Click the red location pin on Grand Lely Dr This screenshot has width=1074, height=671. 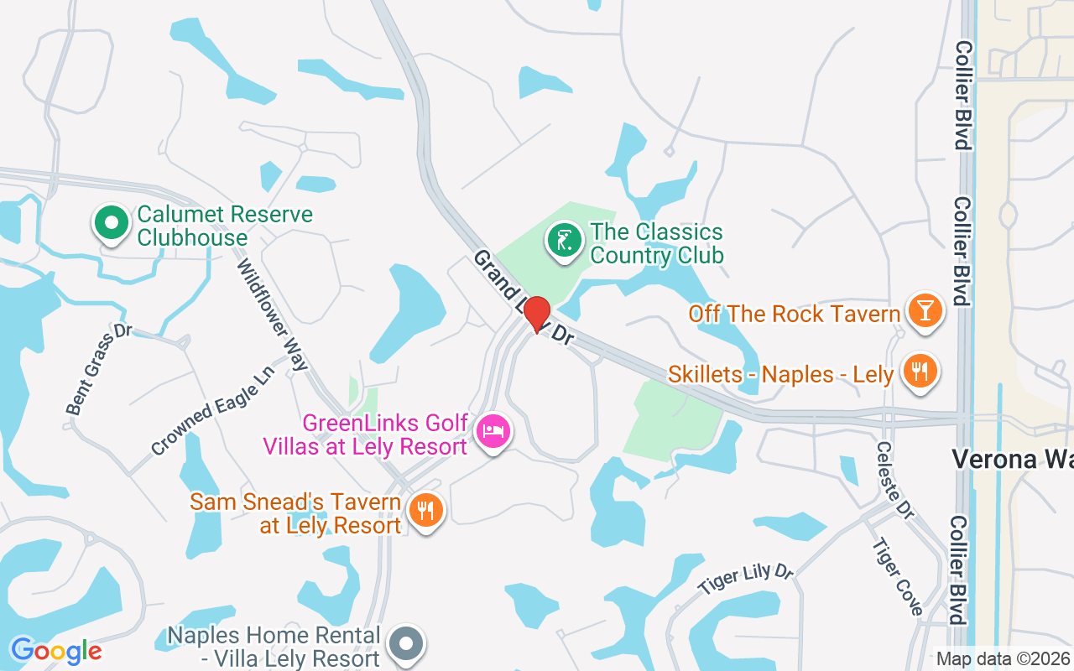537,314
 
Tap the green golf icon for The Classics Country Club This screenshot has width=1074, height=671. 565,241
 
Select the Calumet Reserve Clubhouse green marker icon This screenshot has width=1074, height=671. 111,223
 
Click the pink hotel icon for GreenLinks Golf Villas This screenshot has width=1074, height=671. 493,432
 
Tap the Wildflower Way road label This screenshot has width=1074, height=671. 273,314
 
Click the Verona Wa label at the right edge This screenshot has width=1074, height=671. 1012,459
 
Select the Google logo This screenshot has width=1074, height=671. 56,651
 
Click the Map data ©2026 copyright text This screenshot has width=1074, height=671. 1004,658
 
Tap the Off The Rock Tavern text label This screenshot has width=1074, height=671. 794,314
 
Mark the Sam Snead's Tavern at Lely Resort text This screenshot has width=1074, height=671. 295,513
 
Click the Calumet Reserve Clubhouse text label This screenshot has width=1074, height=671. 225,226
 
